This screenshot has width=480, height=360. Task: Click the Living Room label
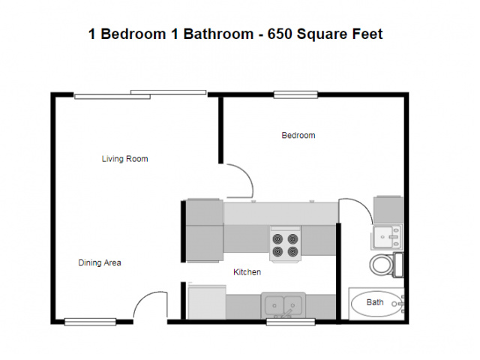[125, 159]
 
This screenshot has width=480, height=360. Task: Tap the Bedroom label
[298, 135]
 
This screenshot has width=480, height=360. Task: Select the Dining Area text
[100, 262]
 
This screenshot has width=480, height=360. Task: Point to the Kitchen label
[247, 271]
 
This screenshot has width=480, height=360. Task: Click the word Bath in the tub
[375, 302]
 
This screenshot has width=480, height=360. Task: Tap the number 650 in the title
[280, 34]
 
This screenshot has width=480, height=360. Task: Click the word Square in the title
[322, 34]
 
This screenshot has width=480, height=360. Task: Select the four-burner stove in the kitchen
[285, 244]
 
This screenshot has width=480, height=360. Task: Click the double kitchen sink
[283, 305]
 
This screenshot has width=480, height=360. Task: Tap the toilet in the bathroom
[386, 265]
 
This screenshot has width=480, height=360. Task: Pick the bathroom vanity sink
[387, 236]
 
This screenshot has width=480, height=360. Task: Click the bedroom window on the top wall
[295, 94]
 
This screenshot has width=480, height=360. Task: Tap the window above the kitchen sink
[290, 322]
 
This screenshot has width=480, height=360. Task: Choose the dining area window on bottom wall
[90, 322]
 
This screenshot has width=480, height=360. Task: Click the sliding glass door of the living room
[140, 94]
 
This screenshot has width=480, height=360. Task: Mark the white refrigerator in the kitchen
[207, 302]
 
